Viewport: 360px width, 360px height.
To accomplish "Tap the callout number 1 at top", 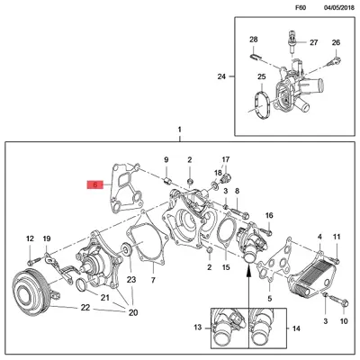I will point(180,130).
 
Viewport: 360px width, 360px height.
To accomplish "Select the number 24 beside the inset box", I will point(221,76).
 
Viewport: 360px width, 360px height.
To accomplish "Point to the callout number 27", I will point(313,43).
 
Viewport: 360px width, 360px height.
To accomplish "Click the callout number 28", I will point(254,40).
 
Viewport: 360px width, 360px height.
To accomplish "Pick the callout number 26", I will point(336,43).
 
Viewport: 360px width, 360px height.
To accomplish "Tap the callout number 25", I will point(261,77).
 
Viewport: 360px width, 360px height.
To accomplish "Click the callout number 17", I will point(226,158).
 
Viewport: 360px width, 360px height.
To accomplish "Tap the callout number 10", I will point(342,320).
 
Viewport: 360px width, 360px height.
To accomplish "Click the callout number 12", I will point(30,238).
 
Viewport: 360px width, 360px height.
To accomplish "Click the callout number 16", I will point(268,217).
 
